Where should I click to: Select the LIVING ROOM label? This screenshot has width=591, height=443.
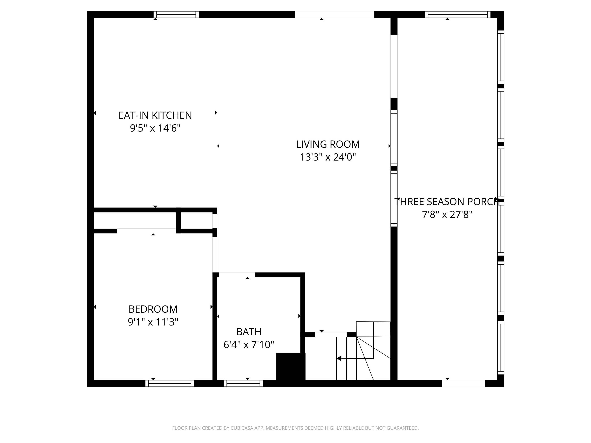click(328, 144)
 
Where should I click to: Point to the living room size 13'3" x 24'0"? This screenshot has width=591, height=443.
click(328, 157)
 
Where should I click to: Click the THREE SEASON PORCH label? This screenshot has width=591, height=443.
click(447, 202)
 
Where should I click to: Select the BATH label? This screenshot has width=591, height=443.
click(249, 332)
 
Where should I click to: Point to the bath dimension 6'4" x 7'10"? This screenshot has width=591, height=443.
click(249, 345)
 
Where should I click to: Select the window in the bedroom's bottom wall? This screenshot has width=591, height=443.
click(170, 383)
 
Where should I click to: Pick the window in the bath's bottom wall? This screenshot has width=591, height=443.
click(243, 383)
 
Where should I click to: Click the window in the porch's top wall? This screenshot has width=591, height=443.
click(458, 14)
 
